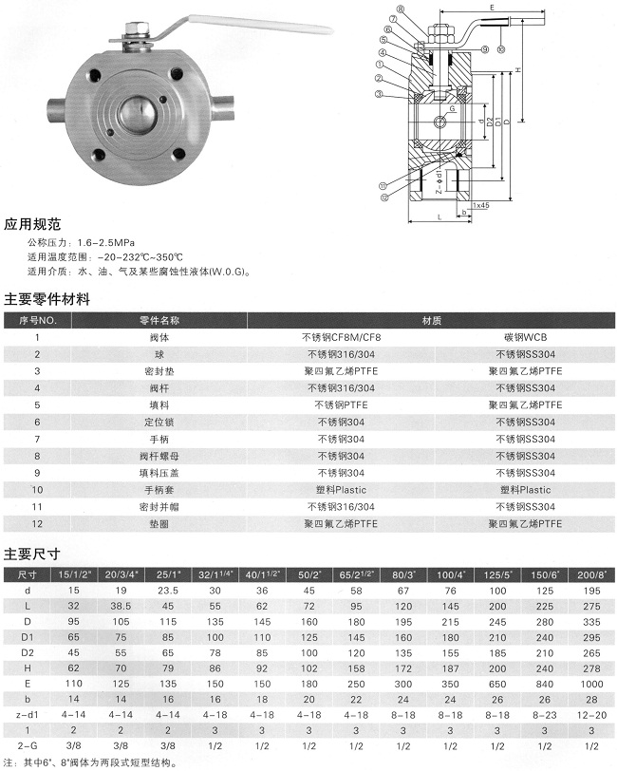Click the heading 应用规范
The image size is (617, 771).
tap(33, 225)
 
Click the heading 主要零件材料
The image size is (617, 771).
tap(47, 298)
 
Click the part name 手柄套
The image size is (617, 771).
tap(159, 490)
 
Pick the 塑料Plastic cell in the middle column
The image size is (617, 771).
tap(340, 490)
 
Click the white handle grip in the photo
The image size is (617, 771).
tap(256, 23)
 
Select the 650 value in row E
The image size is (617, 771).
tap(499, 683)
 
